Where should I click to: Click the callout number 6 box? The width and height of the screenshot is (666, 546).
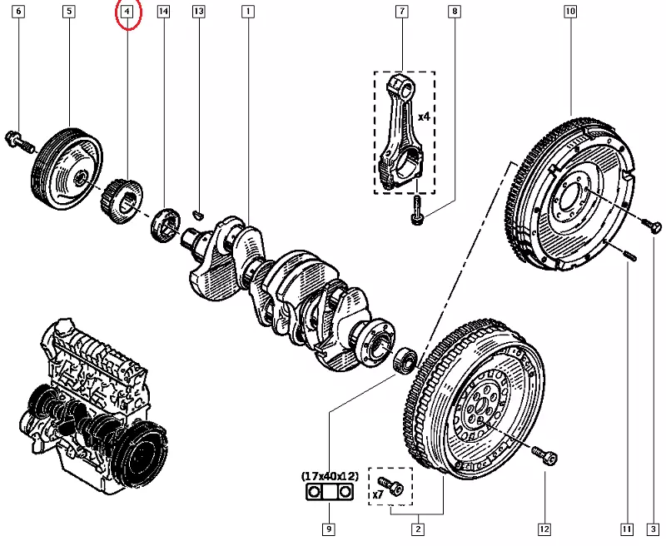click(19, 12)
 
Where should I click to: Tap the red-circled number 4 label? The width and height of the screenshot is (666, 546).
click(127, 12)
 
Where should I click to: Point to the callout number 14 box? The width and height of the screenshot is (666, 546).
click(163, 12)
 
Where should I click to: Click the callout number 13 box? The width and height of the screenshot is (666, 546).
click(198, 12)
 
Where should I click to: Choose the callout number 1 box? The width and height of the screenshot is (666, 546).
click(247, 12)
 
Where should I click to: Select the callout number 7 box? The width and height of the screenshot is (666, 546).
click(402, 12)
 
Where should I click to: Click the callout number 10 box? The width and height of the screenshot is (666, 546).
click(569, 12)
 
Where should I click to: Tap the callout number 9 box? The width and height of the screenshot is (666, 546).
click(330, 529)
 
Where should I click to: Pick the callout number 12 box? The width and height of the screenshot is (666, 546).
click(544, 529)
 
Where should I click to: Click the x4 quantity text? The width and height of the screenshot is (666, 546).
click(424, 117)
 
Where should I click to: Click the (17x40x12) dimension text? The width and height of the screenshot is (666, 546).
click(330, 476)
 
